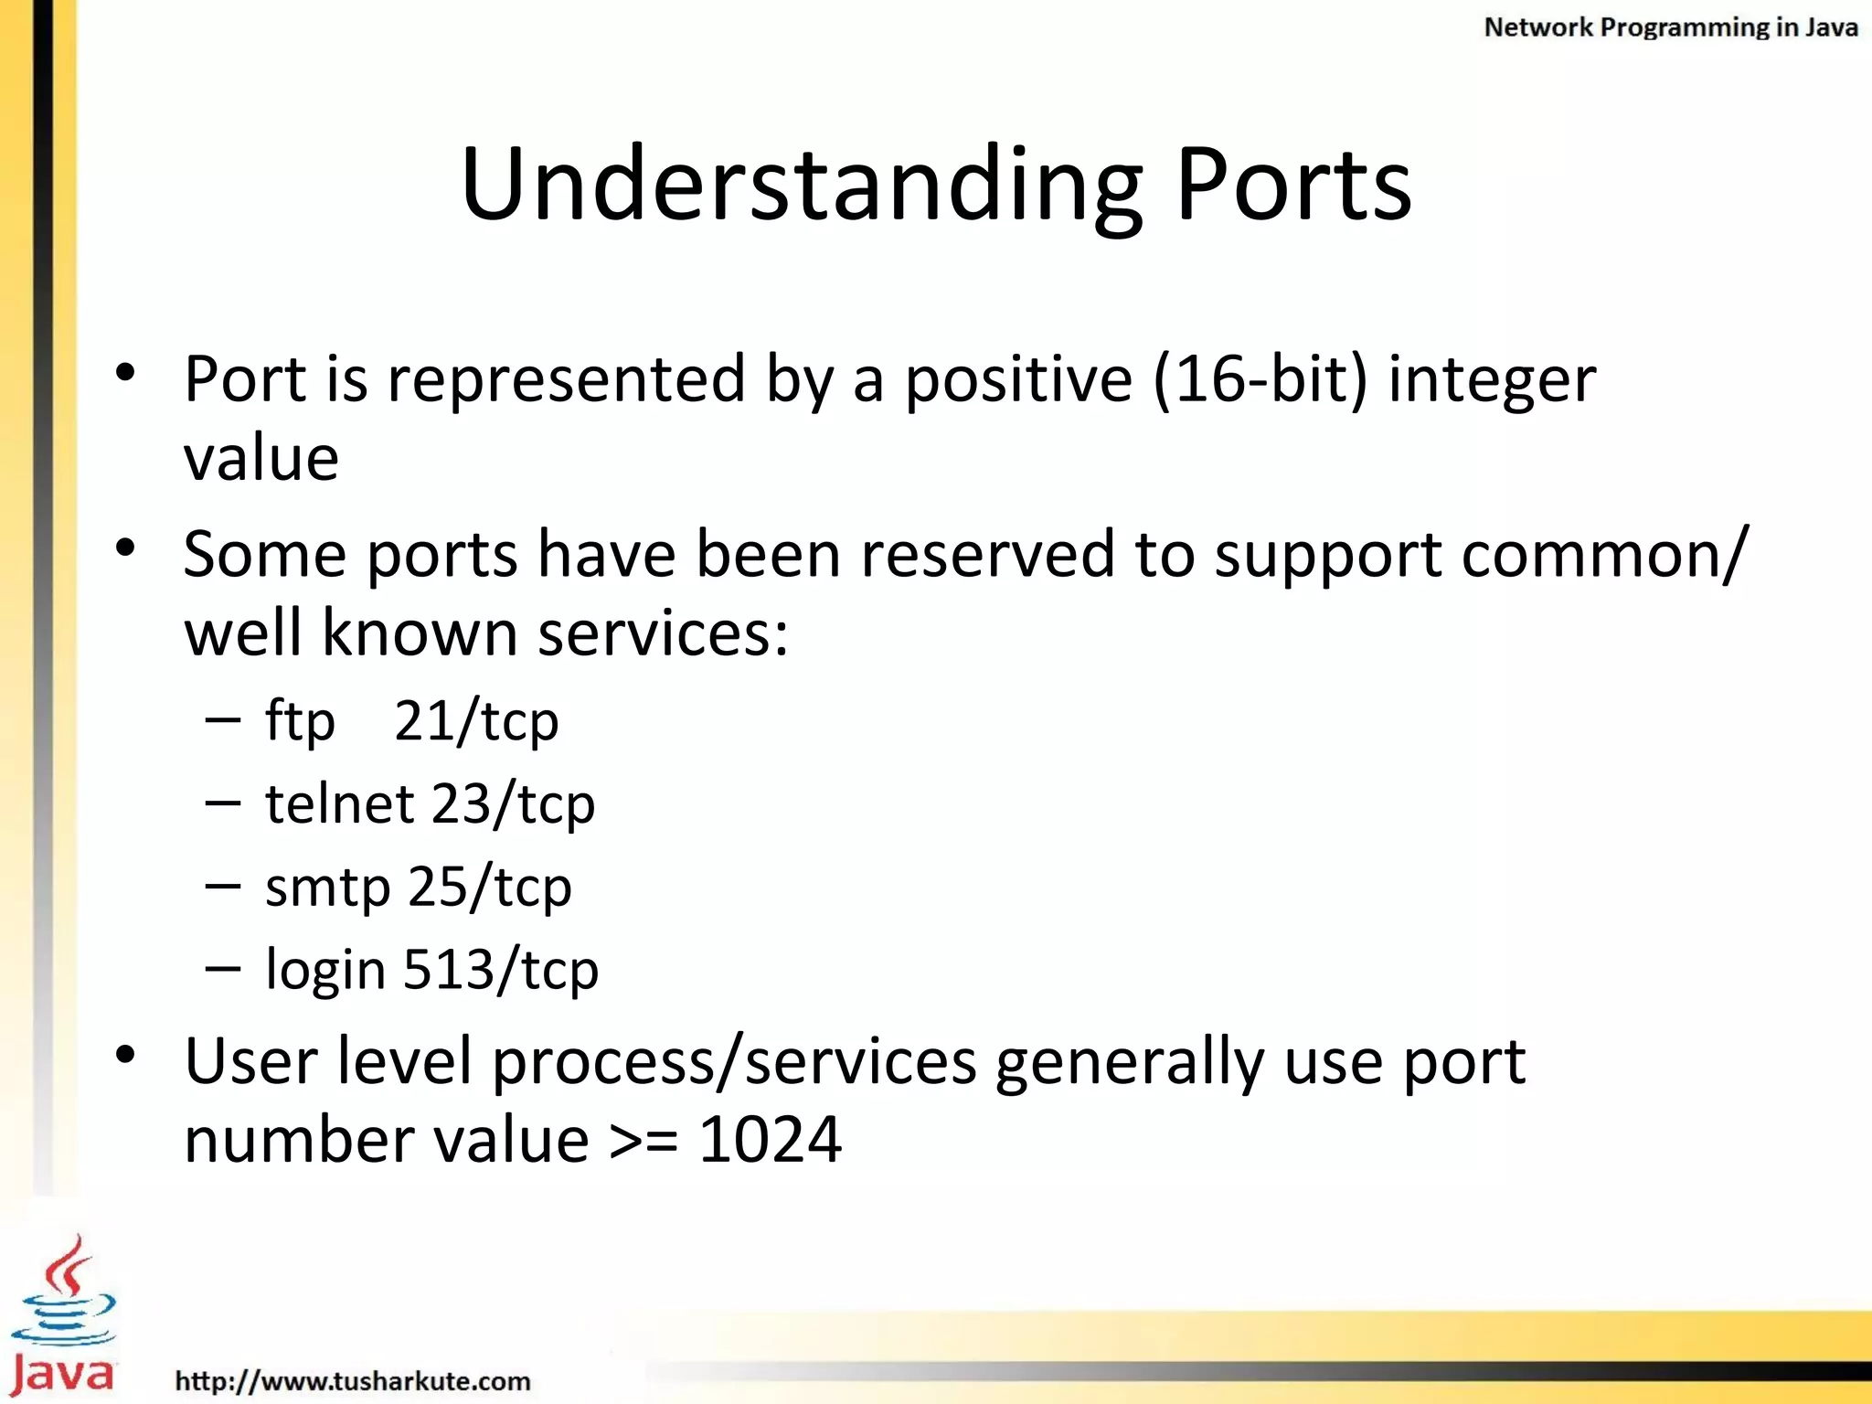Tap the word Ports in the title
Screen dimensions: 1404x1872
click(1293, 185)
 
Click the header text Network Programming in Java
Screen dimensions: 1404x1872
click(1670, 27)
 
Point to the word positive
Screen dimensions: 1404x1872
click(1018, 380)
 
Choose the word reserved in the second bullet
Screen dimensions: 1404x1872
click(987, 554)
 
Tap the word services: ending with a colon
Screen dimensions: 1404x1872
click(663, 633)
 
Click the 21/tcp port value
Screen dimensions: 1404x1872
click(476, 721)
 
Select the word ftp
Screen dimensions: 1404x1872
click(300, 721)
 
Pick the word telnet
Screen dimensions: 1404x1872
click(340, 803)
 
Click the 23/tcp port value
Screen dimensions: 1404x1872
click(513, 805)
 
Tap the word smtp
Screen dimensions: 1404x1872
click(327, 888)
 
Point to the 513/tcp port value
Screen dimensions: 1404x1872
click(501, 970)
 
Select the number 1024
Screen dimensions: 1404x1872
click(770, 1140)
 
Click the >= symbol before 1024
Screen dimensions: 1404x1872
click(643, 1142)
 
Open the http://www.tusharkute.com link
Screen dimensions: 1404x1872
click(353, 1380)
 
